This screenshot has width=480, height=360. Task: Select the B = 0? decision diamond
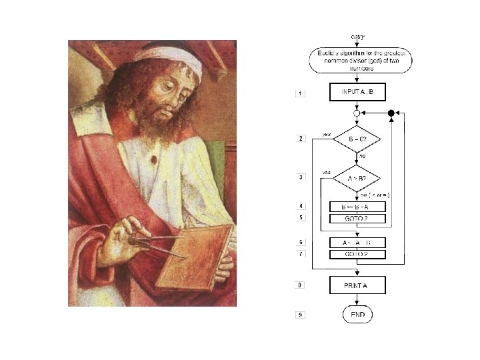point(357,139)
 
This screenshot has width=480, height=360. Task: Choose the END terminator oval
point(357,314)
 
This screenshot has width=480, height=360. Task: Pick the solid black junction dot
point(391,113)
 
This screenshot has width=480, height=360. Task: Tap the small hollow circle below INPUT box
point(357,113)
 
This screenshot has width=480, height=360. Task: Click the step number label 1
point(301,93)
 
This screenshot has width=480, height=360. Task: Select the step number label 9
point(301,314)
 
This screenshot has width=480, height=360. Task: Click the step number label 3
point(301,177)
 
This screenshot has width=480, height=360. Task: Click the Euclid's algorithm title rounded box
point(360,59)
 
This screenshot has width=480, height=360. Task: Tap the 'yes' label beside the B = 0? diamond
point(326,134)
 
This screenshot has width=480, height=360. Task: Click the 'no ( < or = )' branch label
point(375,195)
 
